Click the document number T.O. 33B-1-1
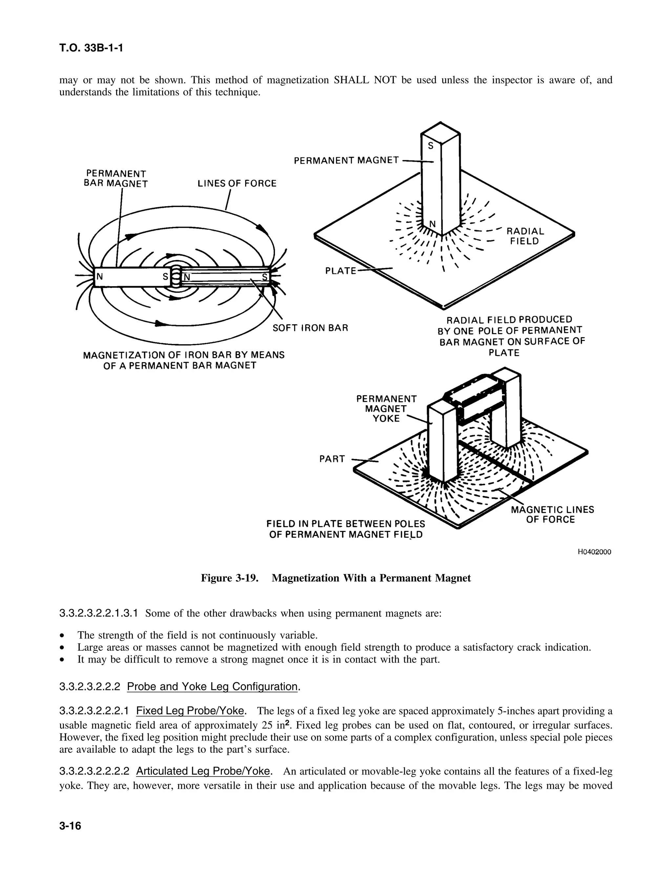point(91,48)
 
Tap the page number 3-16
point(70,826)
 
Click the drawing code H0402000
point(594,552)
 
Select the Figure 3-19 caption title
point(336,578)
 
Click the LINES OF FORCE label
point(237,183)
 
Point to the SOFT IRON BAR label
point(310,328)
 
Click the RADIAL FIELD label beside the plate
point(525,236)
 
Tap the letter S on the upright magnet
point(431,146)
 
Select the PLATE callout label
point(340,271)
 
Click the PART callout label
point(332,459)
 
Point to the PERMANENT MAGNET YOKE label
point(386,409)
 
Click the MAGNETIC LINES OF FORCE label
point(552,515)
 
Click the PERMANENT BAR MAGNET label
point(116,179)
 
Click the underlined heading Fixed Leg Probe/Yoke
point(190,711)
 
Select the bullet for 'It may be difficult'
point(62,659)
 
